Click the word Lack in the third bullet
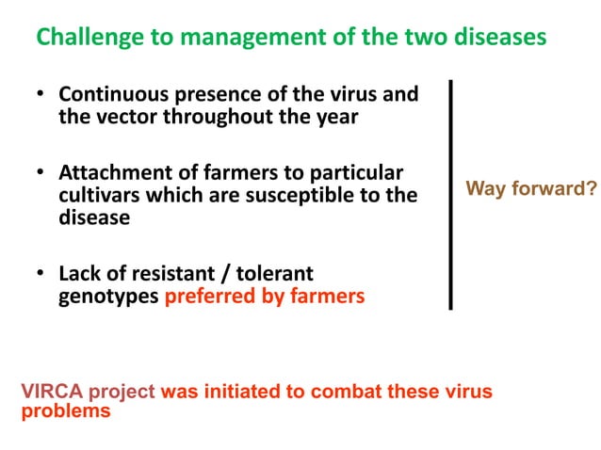tap(80, 275)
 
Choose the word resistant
tap(171, 275)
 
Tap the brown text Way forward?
tap(531, 189)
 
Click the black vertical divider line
tap(451, 194)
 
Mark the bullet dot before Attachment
tap(41, 174)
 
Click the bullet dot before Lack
tap(41, 275)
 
